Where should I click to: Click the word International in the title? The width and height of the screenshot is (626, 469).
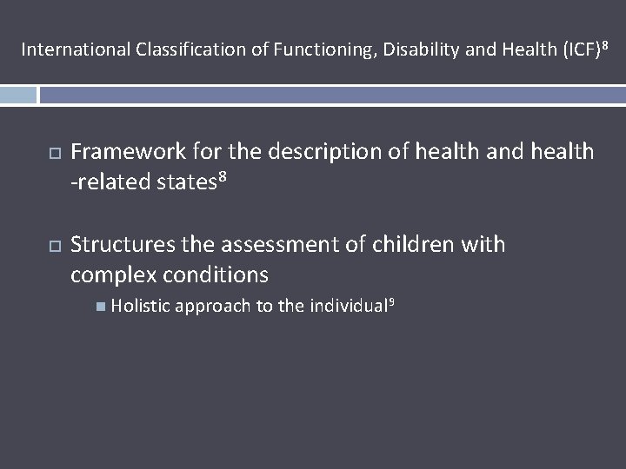tap(77, 50)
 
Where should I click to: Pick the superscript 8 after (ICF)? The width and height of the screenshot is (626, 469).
tap(602, 44)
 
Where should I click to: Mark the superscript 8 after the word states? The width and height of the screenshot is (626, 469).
tap(222, 177)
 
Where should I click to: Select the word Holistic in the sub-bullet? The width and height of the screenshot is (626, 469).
tap(140, 305)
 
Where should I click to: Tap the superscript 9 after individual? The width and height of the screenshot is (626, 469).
tap(391, 301)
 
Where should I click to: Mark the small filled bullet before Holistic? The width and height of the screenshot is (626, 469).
tap(103, 306)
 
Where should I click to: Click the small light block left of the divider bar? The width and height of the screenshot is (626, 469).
tap(18, 95)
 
